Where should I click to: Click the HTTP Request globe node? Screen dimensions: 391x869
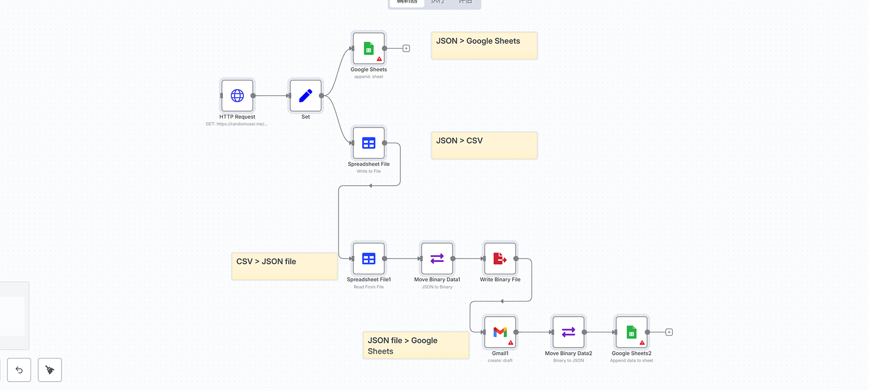click(x=237, y=96)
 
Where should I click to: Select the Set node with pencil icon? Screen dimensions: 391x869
click(x=306, y=96)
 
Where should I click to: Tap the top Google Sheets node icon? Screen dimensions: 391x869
click(x=369, y=49)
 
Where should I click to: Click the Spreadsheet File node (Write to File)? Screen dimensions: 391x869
click(x=369, y=143)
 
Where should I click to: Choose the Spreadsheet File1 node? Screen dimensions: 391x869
click(x=369, y=259)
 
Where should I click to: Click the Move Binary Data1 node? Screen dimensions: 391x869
click(x=437, y=259)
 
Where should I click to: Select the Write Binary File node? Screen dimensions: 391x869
click(x=500, y=259)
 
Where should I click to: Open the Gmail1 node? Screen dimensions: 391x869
click(x=500, y=332)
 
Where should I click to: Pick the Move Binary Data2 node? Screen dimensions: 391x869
click(x=568, y=332)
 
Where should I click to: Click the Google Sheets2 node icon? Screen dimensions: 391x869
click(x=632, y=332)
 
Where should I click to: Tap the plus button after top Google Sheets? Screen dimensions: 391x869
click(x=406, y=49)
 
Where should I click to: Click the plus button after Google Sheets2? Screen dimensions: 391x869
click(x=669, y=332)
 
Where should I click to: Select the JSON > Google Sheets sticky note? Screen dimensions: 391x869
click(x=484, y=46)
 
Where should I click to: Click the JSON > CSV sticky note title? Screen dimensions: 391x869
click(x=459, y=141)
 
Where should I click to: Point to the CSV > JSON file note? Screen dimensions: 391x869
click(x=284, y=266)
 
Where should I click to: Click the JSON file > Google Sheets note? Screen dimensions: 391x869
click(x=415, y=345)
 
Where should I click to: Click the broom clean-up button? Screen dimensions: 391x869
click(x=50, y=370)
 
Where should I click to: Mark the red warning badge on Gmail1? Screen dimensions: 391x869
click(x=511, y=343)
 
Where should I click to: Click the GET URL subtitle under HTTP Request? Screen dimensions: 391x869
click(x=237, y=124)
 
